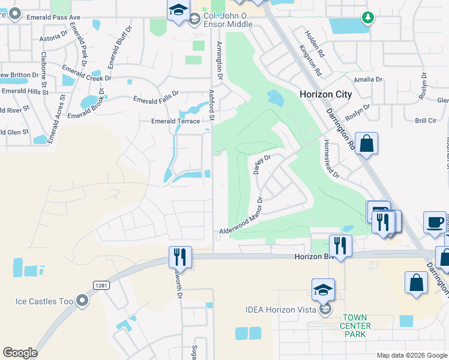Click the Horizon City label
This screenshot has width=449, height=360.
(325, 94)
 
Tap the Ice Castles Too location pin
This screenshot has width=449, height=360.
(82, 300)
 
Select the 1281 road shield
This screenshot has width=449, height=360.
(100, 286)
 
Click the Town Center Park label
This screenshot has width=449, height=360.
(357, 326)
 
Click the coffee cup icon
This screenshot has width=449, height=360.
(434, 222)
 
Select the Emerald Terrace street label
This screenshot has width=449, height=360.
(175, 121)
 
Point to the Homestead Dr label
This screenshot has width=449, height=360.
(331, 159)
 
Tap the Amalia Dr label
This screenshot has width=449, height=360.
(368, 79)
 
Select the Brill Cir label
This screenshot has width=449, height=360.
(425, 120)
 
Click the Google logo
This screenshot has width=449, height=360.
(20, 353)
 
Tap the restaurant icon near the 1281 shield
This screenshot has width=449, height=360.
(180, 257)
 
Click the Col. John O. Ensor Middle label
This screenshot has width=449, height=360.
(228, 19)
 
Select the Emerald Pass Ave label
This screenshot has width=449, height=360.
(53, 17)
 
